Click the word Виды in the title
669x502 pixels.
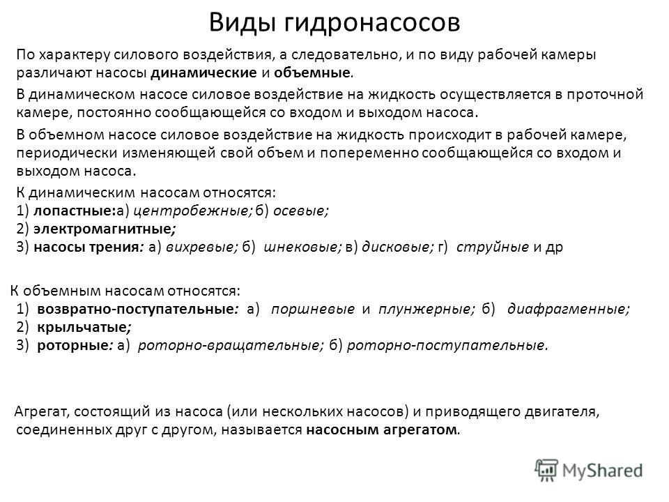pos(242,22)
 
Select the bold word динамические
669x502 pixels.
pos(203,73)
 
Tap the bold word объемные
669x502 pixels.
pos(312,73)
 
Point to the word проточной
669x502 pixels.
pos(605,95)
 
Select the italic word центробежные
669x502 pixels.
pos(191,211)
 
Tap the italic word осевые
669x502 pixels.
pos(299,211)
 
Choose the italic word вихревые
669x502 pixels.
pos(200,247)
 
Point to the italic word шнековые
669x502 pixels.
pos(301,247)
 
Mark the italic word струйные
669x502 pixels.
pos(493,247)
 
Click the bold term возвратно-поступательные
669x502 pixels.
pos(135,309)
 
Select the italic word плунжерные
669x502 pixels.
pos(424,309)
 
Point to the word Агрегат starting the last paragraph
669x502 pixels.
pos(40,412)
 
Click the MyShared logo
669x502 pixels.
pos(588,471)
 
